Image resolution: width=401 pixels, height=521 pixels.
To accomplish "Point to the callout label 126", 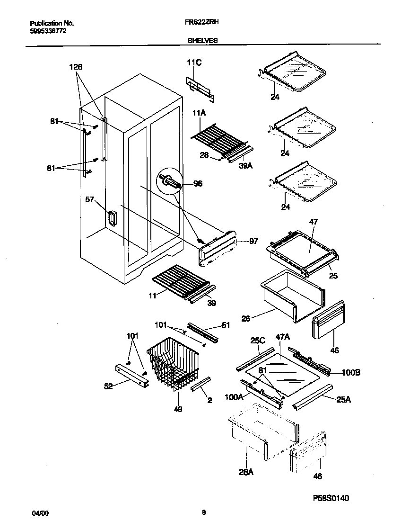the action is coord(76,68).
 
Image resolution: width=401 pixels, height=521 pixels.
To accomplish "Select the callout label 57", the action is coord(90,199).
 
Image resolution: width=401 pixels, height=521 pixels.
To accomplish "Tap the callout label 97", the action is coord(253,242).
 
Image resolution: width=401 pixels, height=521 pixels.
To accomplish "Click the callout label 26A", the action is coord(246,472).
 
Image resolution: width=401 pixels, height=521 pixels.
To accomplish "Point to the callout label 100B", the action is coord(351,373).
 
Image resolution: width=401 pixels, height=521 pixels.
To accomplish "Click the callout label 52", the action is coord(109,386).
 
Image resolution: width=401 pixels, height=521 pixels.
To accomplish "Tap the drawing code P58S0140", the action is coord(331,499).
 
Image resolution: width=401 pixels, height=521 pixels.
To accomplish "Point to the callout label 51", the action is coord(226,325).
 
